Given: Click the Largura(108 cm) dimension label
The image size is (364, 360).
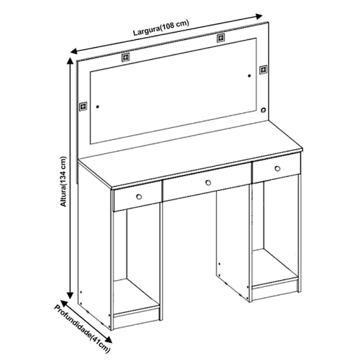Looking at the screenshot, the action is pos(161,28).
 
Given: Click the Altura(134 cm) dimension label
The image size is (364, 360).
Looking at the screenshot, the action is pos(63,182).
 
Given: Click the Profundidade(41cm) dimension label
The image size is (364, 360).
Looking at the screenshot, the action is pos(82,329).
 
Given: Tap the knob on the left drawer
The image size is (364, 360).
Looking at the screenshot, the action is pos(139,197).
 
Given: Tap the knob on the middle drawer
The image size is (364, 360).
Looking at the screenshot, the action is pos(208,183).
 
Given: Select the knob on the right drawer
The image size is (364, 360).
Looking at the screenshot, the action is pos(277,168).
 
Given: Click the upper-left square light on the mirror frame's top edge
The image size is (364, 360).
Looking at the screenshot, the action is pos(126,58).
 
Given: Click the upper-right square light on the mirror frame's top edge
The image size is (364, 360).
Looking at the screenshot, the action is pos(221,38).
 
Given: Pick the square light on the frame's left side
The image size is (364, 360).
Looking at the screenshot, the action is pos(83,107).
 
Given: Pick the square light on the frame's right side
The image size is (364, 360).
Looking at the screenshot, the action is pos(263,70).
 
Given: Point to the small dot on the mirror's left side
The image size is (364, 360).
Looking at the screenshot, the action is pos(98,107).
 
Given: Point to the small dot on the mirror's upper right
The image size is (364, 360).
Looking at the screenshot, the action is pos(249,76).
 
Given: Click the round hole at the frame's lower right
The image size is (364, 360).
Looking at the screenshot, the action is pos(263,110).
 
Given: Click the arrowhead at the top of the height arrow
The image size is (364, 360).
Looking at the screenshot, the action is pos(70,61).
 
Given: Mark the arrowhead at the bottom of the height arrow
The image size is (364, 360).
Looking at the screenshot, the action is pos(70,296).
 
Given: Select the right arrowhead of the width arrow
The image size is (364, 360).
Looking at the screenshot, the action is pos(259,16).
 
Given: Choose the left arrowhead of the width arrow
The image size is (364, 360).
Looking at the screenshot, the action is pos(74,51).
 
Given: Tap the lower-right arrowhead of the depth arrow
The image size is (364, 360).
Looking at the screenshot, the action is pos(109,339).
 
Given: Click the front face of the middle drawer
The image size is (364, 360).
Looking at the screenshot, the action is pos(207,182).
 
